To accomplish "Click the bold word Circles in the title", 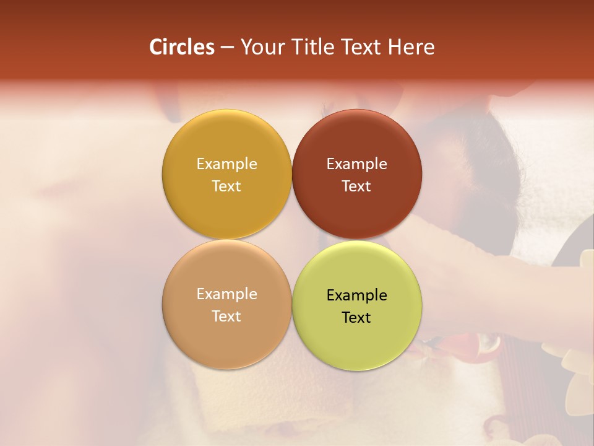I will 182,47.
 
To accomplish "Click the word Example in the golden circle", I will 226,164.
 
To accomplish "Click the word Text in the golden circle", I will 226,186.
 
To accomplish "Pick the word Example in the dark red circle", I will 356,164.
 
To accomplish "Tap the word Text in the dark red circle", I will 356,186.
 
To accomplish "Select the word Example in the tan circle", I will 226,294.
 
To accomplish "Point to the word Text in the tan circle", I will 226,316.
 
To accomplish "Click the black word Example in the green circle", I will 356,295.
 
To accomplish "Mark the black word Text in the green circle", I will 356,317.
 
